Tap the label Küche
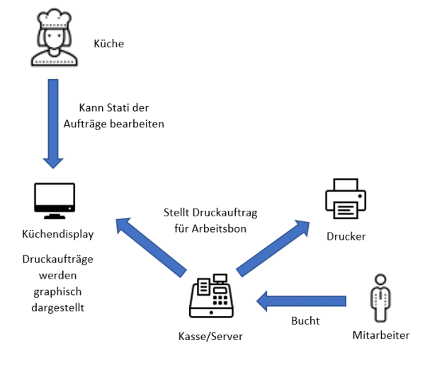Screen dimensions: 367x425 coord(108,44)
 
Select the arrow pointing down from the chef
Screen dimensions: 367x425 coord(54,123)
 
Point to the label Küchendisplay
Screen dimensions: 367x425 coord(57,233)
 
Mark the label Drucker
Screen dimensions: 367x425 coord(346,236)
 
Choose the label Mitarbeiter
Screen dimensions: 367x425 coord(380,335)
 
